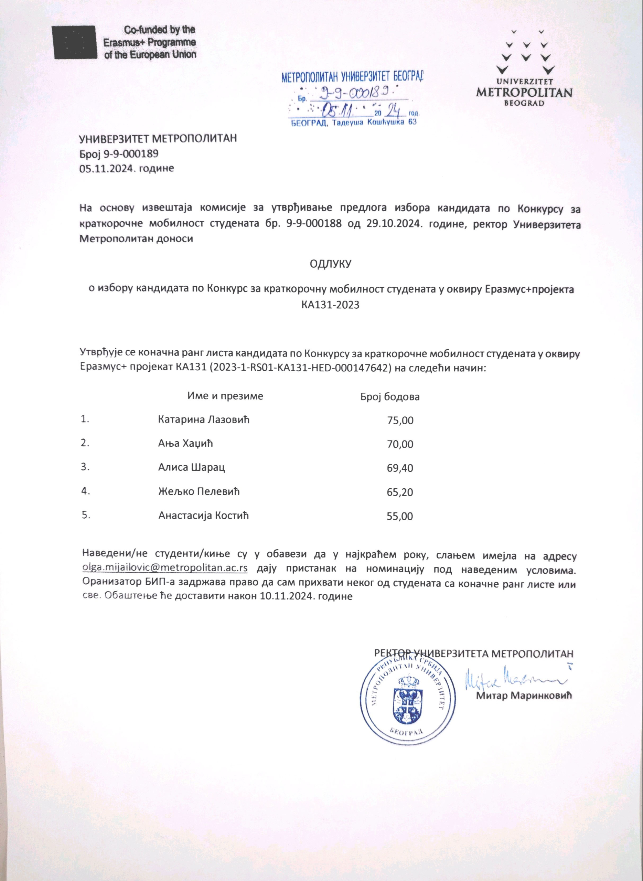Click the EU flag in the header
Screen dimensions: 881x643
pyautogui.click(x=74, y=42)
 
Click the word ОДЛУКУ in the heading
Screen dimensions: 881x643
pyautogui.click(x=331, y=264)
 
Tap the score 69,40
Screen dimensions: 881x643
pyautogui.click(x=400, y=468)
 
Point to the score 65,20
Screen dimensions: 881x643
pyautogui.click(x=400, y=492)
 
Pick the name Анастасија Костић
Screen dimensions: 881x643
pyautogui.click(x=203, y=516)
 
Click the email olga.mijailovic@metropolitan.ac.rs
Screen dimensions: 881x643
pyautogui.click(x=165, y=567)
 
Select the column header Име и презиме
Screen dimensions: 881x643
pyautogui.click(x=225, y=396)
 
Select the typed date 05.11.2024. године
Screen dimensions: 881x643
pyautogui.click(x=127, y=169)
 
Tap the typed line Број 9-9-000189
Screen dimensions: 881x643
pyautogui.click(x=119, y=154)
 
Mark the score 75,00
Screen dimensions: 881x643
pyautogui.click(x=400, y=421)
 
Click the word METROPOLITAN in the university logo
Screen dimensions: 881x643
pyautogui.click(x=524, y=93)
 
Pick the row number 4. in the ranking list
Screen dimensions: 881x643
pyautogui.click(x=85, y=491)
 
